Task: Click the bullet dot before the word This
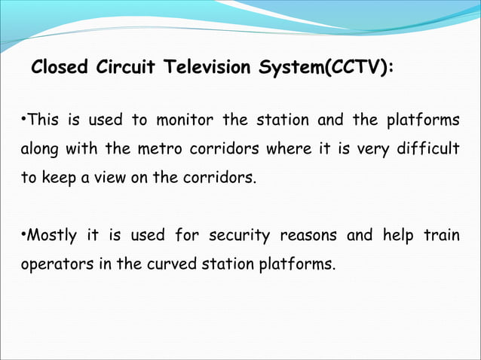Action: (x=22, y=121)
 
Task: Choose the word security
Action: (x=238, y=236)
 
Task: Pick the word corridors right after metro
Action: (x=222, y=149)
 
